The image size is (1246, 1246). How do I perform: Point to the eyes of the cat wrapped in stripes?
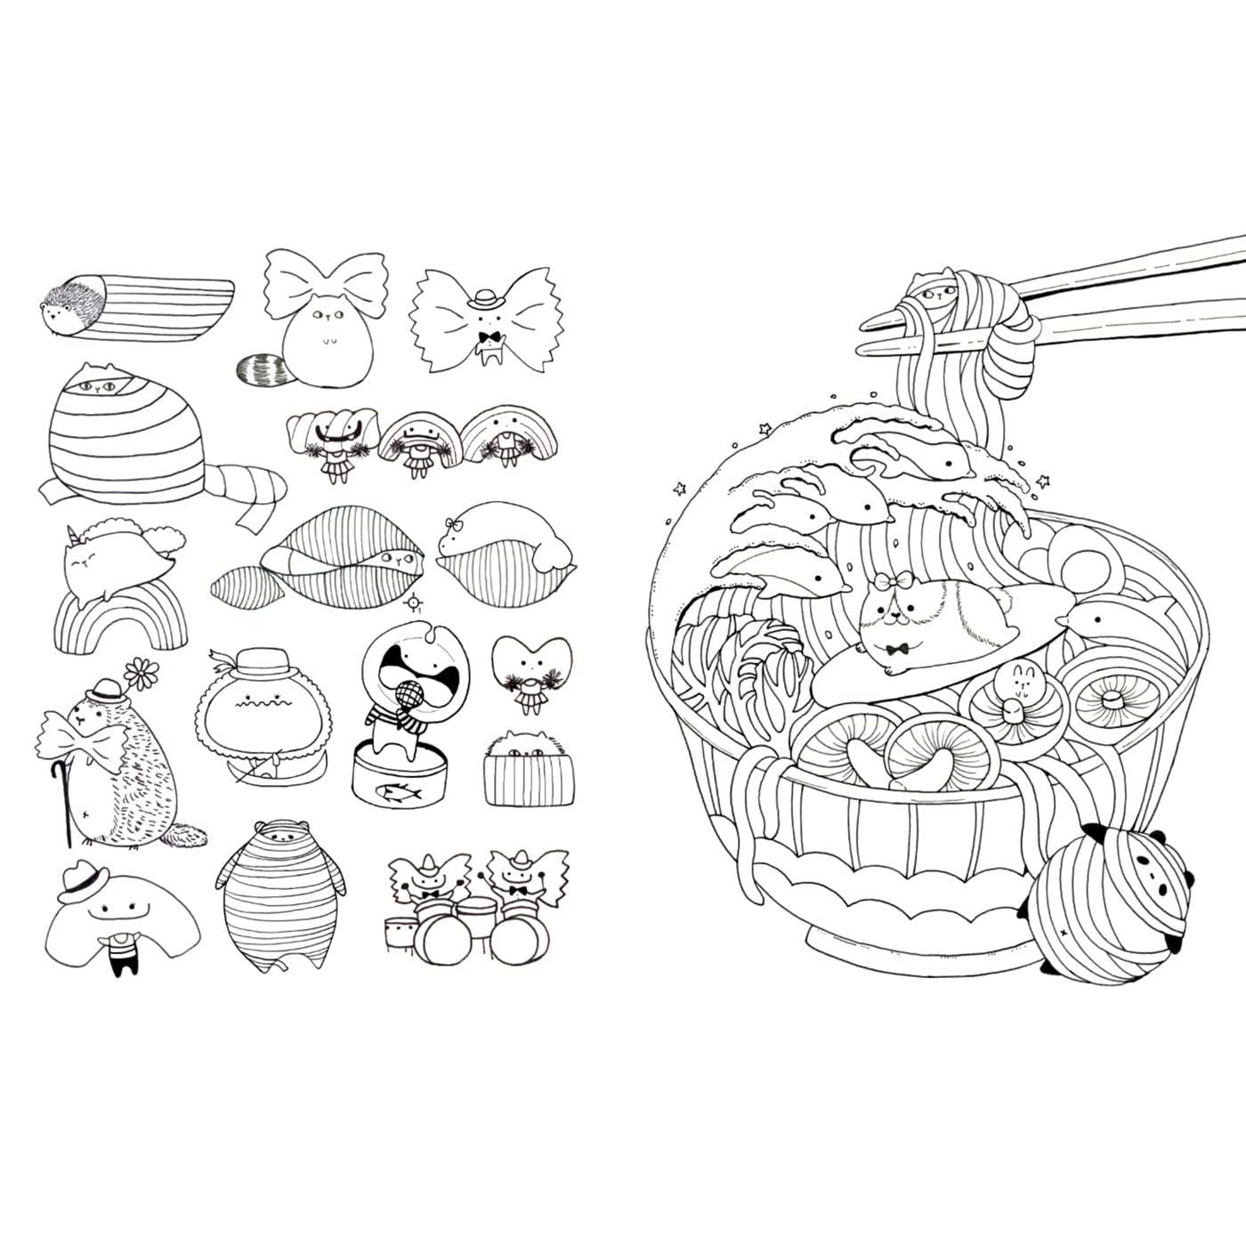[96, 385]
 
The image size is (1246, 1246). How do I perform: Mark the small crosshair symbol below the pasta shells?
[413, 603]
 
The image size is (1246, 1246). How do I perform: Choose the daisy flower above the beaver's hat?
[139, 671]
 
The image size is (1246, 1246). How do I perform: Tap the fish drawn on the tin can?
[386, 789]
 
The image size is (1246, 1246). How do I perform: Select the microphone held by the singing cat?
[405, 693]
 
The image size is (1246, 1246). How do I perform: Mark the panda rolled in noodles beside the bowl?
[1125, 900]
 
